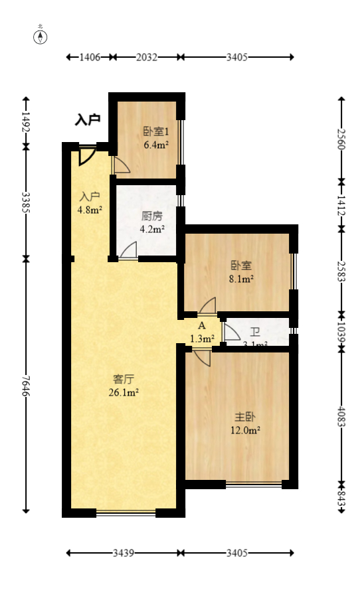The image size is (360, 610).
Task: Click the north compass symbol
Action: tap(41, 37)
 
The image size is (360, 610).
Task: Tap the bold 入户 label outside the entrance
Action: tap(87, 120)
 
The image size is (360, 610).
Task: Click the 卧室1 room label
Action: tap(156, 131)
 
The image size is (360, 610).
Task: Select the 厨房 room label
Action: tap(152, 216)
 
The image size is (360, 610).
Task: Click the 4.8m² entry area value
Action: tap(90, 211)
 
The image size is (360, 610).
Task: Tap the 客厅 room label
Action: tap(124, 380)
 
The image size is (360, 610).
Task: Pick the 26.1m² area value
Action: tap(124, 392)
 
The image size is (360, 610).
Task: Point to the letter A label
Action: tap(202, 326)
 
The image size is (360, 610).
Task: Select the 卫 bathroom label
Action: tap(255, 332)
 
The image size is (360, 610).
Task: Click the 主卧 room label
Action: tap(245, 417)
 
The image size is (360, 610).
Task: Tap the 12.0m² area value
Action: tap(246, 429)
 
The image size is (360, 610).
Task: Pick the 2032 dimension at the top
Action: tap(146, 57)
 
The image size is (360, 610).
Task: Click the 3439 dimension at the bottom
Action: tap(124, 552)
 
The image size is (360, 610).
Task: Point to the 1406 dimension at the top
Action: tap(90, 57)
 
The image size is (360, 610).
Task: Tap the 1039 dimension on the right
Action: tap(341, 329)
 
